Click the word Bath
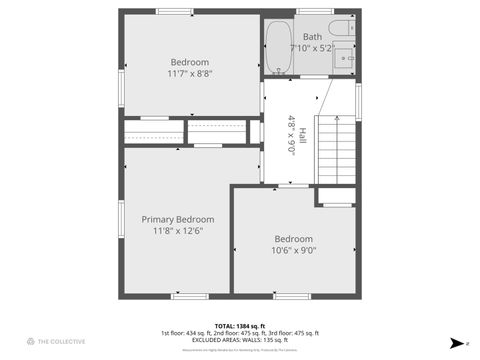point(313,36)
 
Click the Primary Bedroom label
point(177,219)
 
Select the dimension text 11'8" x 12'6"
point(177,231)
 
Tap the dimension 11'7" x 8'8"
point(190,72)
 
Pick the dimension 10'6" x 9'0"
point(294,251)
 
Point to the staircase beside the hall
point(336,150)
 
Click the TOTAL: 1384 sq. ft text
point(239,326)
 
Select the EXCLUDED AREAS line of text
point(239,340)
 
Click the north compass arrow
point(456,342)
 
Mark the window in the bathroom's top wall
point(314,11)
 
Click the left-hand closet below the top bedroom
point(151,132)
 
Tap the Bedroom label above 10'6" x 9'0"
point(294,239)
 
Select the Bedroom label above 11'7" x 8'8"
point(190,60)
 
